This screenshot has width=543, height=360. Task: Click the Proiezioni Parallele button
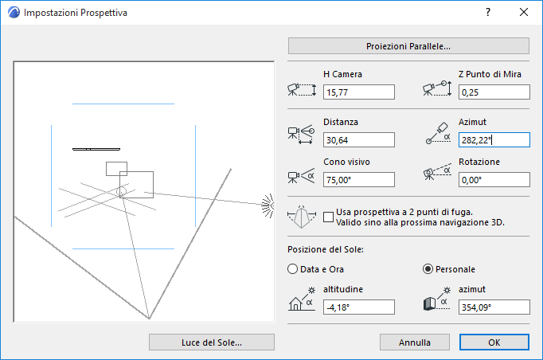point(408,46)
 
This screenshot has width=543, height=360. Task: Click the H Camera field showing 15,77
point(359,92)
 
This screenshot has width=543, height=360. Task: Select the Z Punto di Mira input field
point(494,92)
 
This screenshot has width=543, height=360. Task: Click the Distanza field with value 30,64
point(359,140)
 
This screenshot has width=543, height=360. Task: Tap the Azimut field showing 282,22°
point(494,140)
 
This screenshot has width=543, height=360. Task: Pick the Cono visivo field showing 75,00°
point(359,180)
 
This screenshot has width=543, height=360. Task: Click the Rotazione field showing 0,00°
point(494,180)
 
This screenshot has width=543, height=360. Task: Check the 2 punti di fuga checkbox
point(328,217)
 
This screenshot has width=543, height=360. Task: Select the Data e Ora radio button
point(293,269)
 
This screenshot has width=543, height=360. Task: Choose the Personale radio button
point(428,269)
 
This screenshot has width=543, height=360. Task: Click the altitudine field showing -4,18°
point(359,307)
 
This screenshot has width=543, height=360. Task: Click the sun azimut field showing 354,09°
point(494,307)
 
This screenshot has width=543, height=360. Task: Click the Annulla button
point(415,342)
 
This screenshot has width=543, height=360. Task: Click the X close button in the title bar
point(524,12)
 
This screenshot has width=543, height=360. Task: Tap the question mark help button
point(488,12)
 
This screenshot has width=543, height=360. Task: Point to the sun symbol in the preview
point(268,205)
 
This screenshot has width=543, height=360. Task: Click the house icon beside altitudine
point(295,304)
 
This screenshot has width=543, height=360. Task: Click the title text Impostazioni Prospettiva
point(76,13)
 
